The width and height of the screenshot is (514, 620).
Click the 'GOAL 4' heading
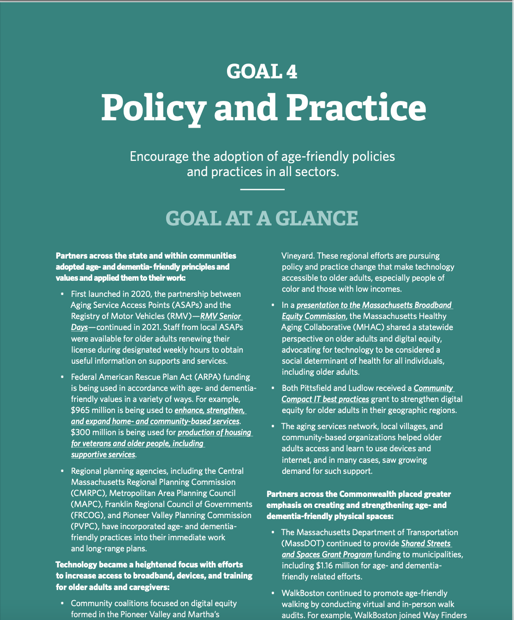(262, 71)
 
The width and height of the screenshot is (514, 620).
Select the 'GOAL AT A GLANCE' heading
(262, 218)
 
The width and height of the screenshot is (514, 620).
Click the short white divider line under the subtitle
(262, 189)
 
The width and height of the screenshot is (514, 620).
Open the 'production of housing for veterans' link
(215, 432)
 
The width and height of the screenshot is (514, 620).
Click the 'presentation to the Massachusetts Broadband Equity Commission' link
(374, 305)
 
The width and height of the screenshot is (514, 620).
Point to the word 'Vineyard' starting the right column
(298, 256)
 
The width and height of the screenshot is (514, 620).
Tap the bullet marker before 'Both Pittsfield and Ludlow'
(272, 388)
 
